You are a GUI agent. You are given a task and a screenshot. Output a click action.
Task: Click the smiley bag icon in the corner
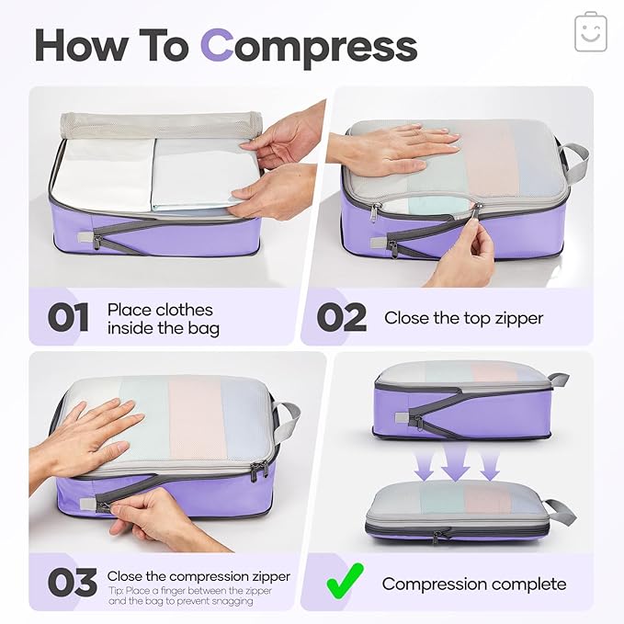pos(591,33)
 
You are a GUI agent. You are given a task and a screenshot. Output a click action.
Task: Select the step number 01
pos(69,318)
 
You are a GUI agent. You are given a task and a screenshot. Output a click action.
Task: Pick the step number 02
pos(341,318)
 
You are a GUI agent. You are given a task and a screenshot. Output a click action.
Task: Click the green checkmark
pos(345,583)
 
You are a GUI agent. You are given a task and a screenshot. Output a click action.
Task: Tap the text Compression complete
pos(474,584)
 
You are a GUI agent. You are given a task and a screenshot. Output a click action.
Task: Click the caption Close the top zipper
pos(463,318)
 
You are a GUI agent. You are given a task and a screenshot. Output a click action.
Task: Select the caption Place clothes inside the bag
pos(163,319)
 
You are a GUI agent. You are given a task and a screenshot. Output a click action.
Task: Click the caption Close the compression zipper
pos(199,576)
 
